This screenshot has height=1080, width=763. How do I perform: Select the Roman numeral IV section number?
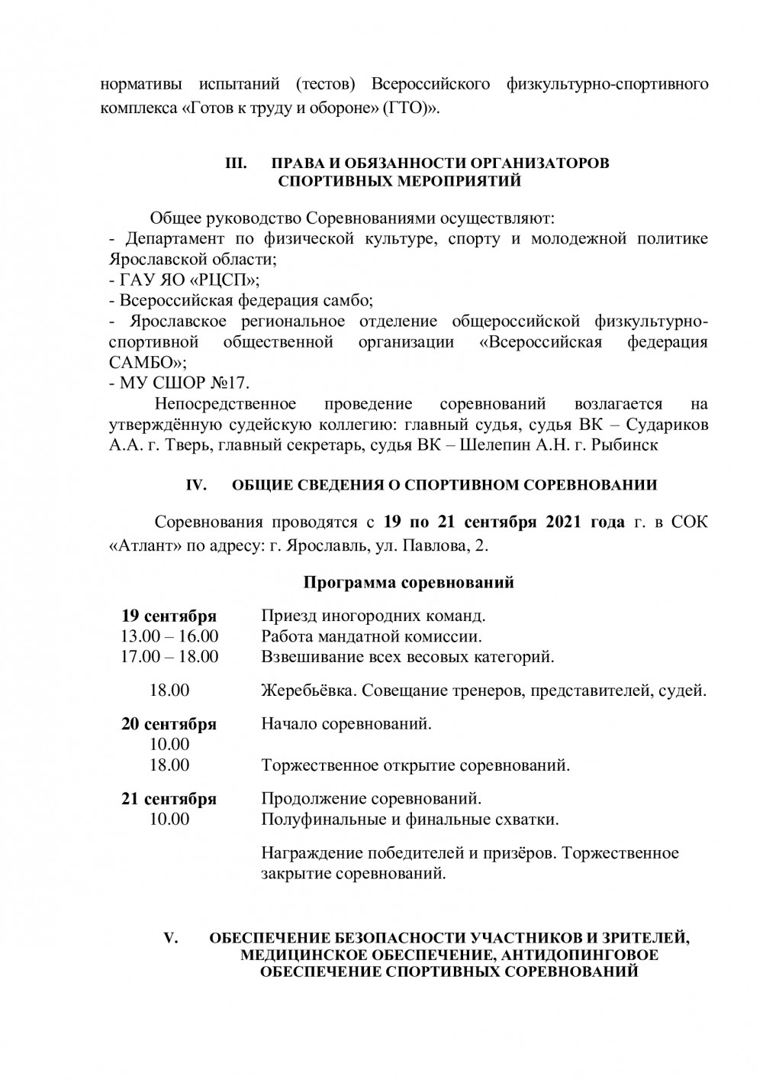click(197, 485)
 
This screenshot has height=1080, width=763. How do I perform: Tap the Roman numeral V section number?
click(171, 938)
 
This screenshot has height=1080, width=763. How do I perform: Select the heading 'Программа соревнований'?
click(409, 583)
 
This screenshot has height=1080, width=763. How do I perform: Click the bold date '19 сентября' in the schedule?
click(169, 616)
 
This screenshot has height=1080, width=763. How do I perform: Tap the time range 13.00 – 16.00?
click(169, 636)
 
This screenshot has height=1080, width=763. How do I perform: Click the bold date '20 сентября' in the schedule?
click(169, 723)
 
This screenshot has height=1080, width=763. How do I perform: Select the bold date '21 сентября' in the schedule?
click(169, 799)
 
